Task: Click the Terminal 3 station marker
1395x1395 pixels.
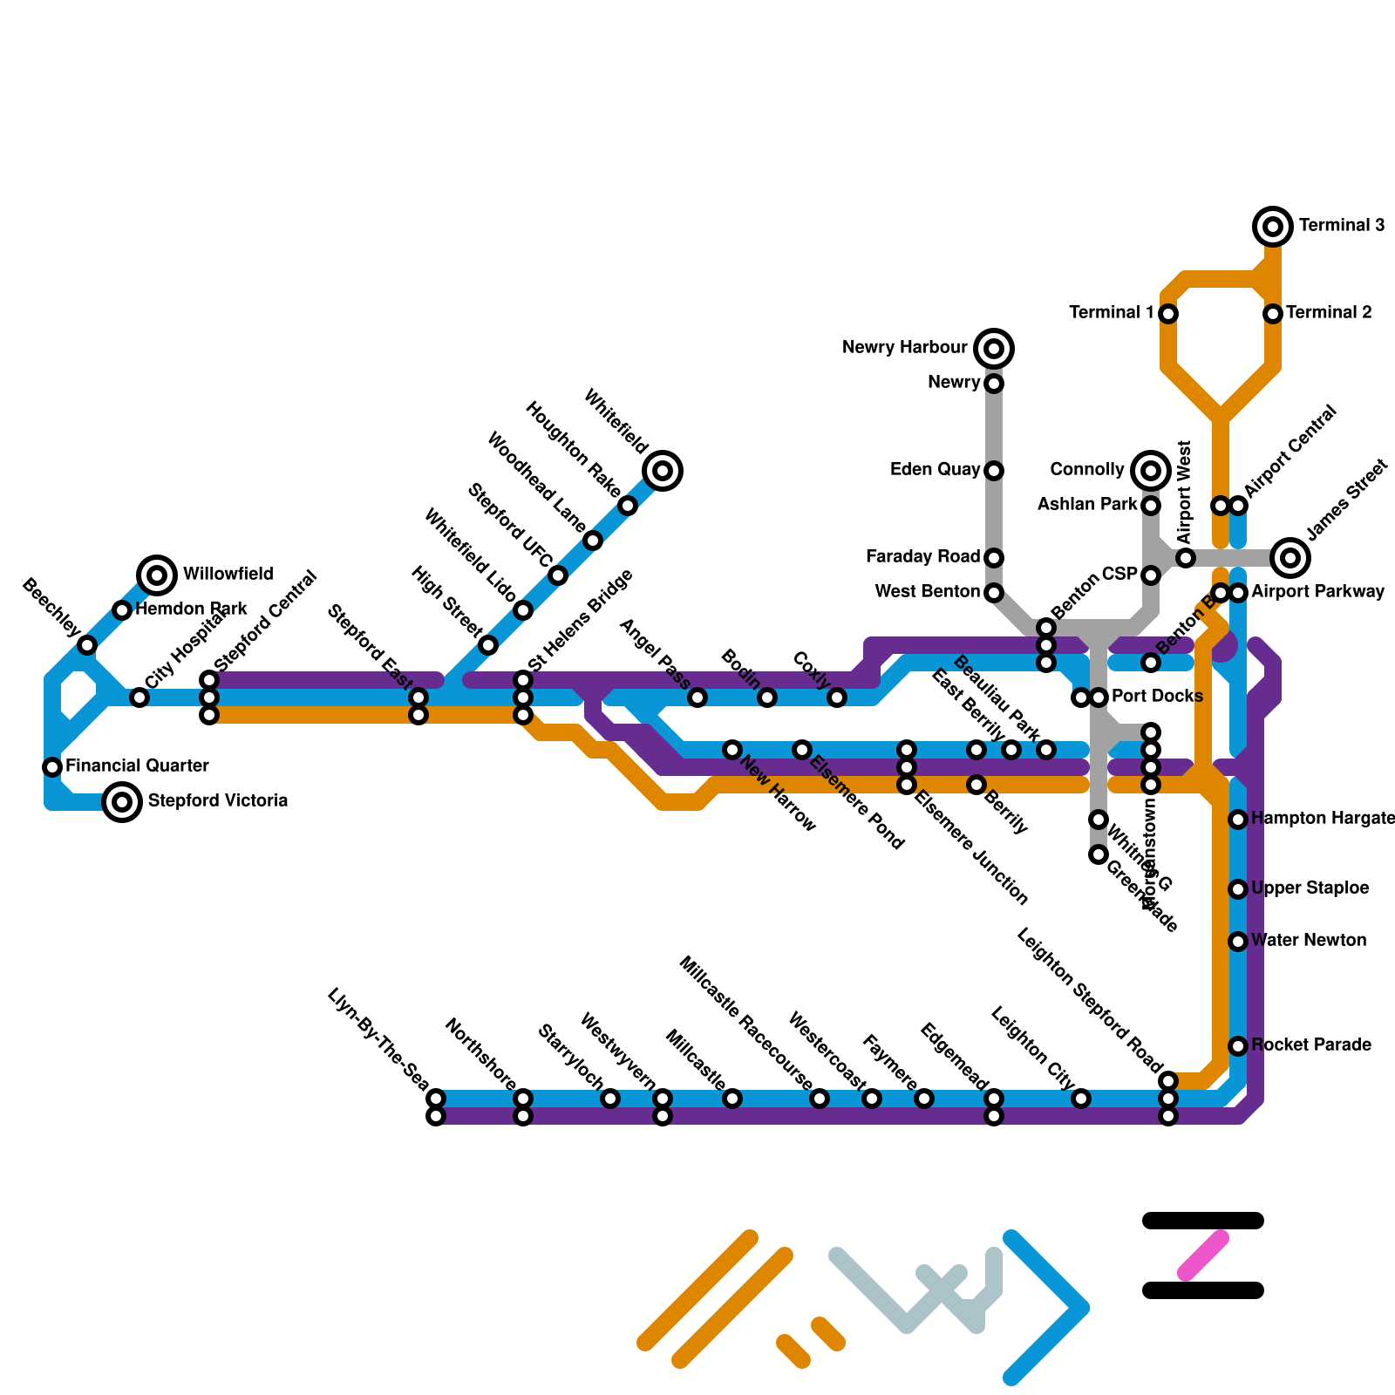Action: pyautogui.click(x=1273, y=227)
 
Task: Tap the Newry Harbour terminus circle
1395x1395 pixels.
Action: pyautogui.click(x=994, y=349)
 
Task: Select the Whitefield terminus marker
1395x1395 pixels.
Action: pyautogui.click(x=663, y=471)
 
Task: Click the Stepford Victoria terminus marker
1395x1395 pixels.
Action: pyautogui.click(x=122, y=802)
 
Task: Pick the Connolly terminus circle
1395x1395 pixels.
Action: pyautogui.click(x=1151, y=471)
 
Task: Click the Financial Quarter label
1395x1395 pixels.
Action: pyautogui.click(x=137, y=766)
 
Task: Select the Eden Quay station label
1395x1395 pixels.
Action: pyautogui.click(x=935, y=470)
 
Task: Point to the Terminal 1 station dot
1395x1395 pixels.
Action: pyautogui.click(x=1168, y=314)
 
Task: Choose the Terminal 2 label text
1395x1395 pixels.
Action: pyautogui.click(x=1329, y=313)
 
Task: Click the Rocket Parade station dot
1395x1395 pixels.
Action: pyautogui.click(x=1238, y=1046)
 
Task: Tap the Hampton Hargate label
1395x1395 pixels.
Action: pyautogui.click(x=1323, y=819)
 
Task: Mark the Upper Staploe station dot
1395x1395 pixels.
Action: pyautogui.click(x=1238, y=889)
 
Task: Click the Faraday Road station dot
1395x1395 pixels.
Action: pyautogui.click(x=994, y=558)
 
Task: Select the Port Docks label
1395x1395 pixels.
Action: pyautogui.click(x=1157, y=697)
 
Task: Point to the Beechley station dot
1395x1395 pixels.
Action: pyautogui.click(x=87, y=645)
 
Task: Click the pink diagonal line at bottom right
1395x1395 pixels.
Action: pyautogui.click(x=1203, y=1255)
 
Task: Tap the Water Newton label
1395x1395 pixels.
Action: pyautogui.click(x=1309, y=941)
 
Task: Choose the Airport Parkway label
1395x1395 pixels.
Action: pyautogui.click(x=1317, y=592)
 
